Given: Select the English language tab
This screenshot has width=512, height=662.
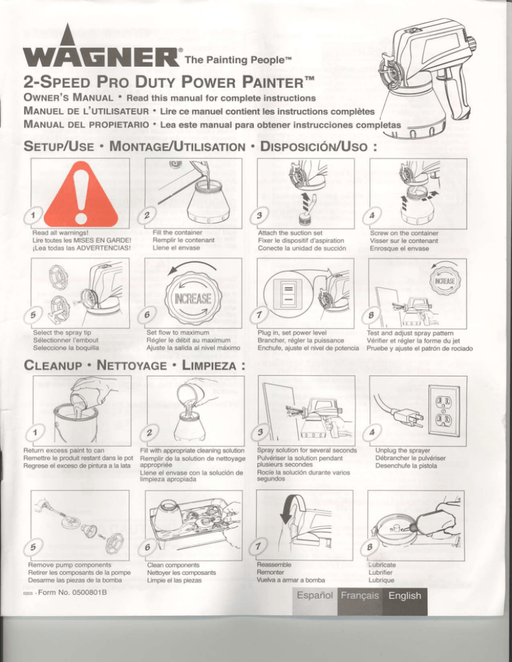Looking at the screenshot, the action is tap(405, 595).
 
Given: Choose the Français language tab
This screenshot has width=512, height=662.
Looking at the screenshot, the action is tap(360, 595).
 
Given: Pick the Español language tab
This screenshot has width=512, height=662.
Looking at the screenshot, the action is tap(315, 595).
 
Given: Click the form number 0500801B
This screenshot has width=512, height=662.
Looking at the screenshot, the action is tap(72, 592).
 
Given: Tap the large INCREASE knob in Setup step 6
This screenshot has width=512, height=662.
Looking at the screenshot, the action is tap(193, 298).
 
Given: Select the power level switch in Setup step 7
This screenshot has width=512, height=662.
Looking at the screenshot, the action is tap(289, 294).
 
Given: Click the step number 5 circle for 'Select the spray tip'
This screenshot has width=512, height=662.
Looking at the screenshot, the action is tap(33, 314).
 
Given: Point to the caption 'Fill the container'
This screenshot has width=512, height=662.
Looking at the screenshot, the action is tap(177, 232).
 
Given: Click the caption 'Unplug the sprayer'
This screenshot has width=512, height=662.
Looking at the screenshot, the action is tap(403, 450).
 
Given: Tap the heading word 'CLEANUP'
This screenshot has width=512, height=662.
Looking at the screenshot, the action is tap(53, 365).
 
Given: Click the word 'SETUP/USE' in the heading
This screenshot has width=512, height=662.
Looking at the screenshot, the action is tap(59, 147).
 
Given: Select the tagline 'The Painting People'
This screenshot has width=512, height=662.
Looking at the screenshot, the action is tap(238, 59).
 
